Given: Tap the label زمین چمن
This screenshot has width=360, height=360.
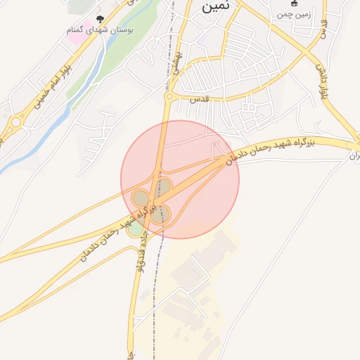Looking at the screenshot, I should tap(292, 13).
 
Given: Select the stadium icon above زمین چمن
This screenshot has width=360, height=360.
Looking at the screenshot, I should tap(293, 3).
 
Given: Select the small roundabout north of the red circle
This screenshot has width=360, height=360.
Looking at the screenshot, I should tap(169, 97).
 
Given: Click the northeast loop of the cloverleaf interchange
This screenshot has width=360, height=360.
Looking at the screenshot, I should tap(163, 187).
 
